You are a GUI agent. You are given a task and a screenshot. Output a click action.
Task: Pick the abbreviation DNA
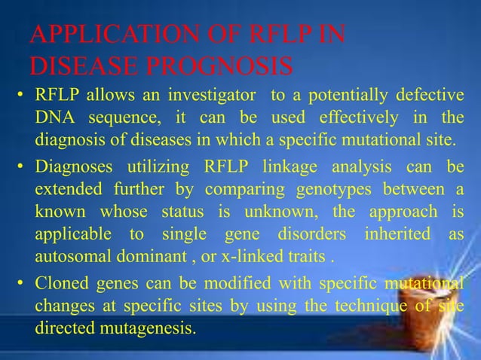tap(54, 118)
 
